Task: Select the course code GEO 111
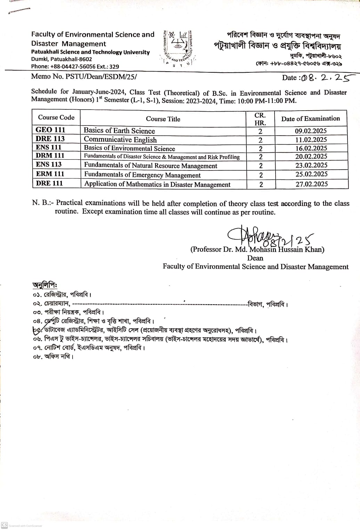point(50,130)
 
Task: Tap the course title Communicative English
point(120,140)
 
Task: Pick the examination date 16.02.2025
point(311,148)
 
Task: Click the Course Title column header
point(163,119)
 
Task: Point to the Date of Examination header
point(310,119)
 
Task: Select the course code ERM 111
point(50,174)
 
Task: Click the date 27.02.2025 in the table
point(311,184)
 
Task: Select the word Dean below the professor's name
point(255,258)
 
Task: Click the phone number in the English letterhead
point(75,66)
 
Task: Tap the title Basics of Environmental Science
point(129,148)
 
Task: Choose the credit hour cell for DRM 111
point(260,157)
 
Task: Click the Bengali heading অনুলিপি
point(44,284)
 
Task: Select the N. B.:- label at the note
point(43,203)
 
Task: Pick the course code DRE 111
point(49,183)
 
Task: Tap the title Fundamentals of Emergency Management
point(142,175)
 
